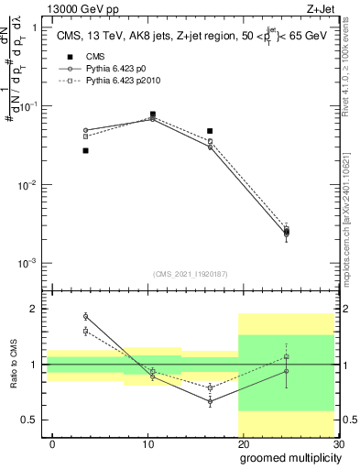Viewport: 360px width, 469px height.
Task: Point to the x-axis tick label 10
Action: click(147, 443)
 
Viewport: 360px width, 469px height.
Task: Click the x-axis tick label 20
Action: click(243, 443)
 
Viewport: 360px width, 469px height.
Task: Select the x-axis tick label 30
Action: click(338, 443)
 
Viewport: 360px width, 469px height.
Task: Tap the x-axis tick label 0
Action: click(52, 443)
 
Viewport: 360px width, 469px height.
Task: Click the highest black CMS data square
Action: click(152, 115)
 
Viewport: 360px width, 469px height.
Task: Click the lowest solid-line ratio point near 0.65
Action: click(210, 401)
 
